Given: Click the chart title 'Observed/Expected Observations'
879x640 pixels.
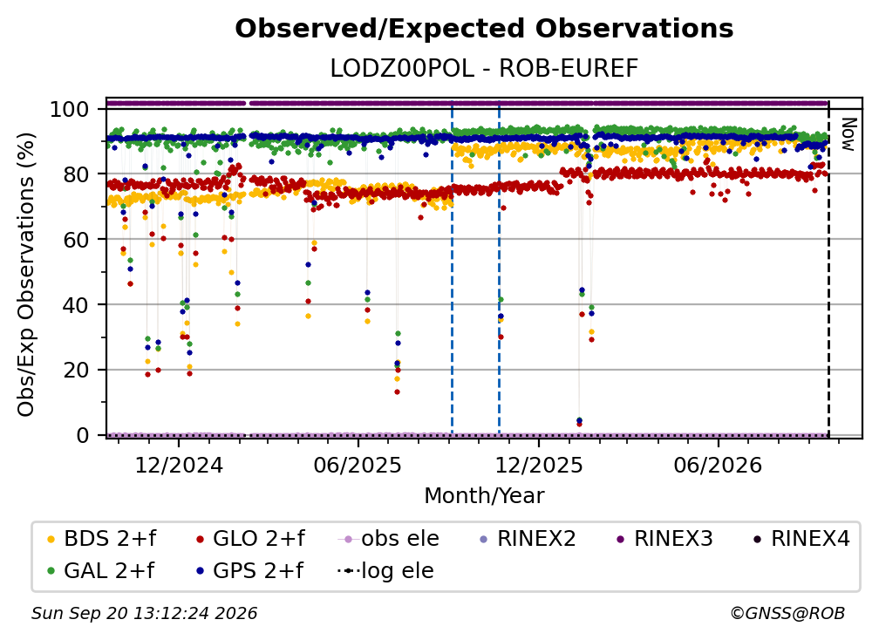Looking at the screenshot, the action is point(484,29).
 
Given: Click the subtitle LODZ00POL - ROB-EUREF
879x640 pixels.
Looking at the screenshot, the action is point(484,69).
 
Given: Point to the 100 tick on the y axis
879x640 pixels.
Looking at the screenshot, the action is point(70,109).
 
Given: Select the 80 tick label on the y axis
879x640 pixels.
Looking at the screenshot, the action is point(76,174).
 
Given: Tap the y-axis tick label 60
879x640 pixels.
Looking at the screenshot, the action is point(76,239).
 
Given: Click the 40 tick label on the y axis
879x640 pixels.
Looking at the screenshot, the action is point(76,305).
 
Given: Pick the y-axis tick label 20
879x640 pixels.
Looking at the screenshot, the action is point(76,370).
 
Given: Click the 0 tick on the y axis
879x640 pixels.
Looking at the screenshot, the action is point(83,435).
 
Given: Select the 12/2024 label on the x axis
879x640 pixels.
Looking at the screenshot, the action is point(179,465).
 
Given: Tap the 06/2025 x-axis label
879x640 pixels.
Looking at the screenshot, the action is point(358,465).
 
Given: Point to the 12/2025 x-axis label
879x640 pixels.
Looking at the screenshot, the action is point(539,465).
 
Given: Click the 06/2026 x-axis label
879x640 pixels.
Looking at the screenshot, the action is point(719,465).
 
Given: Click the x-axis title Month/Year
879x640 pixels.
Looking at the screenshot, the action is point(484,495).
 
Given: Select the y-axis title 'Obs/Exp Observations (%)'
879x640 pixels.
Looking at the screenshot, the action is point(26,275).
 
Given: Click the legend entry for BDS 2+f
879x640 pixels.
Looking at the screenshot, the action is point(101,539).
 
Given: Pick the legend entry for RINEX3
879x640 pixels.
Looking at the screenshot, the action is point(664,539).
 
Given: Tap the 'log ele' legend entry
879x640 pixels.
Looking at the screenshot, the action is point(385,571).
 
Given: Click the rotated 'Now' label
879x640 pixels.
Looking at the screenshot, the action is point(848,134).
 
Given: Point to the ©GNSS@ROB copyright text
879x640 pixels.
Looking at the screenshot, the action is point(787,614).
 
